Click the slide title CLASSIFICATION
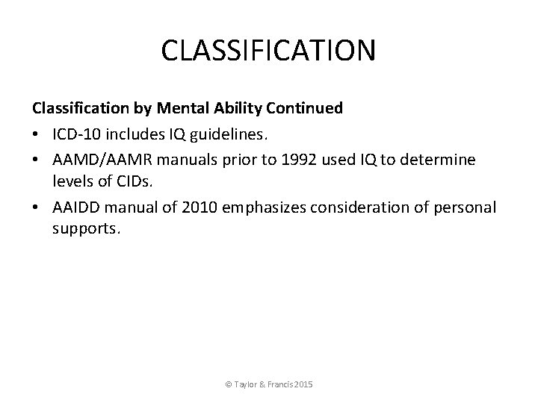pyautogui.click(x=269, y=51)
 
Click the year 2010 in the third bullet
pyautogui.click(x=190, y=206)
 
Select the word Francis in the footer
pyautogui.click(x=276, y=384)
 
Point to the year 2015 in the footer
pyautogui.click(x=304, y=384)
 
